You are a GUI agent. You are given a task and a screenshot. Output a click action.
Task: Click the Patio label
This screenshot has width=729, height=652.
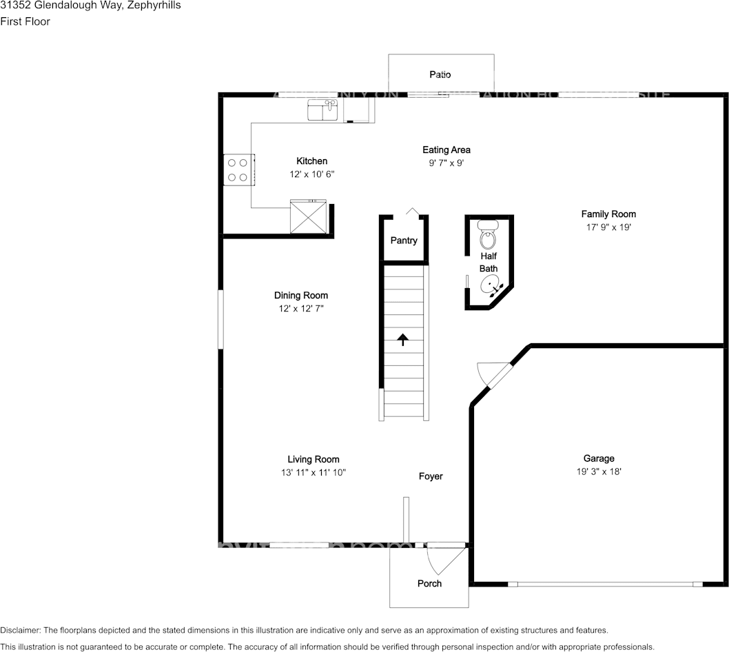(440, 74)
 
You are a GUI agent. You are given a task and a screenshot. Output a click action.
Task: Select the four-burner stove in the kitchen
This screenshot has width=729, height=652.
(238, 170)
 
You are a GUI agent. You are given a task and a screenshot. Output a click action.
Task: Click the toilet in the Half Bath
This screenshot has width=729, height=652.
(488, 236)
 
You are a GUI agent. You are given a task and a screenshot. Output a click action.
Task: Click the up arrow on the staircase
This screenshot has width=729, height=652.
(403, 338)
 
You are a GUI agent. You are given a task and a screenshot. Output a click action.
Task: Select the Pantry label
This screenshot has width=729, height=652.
(404, 241)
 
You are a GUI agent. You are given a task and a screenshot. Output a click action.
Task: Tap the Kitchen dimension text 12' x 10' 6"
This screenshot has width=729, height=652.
(312, 175)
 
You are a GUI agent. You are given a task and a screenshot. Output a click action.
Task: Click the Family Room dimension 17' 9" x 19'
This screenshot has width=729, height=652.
(608, 227)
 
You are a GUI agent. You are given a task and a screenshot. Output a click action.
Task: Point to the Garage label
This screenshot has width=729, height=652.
(599, 458)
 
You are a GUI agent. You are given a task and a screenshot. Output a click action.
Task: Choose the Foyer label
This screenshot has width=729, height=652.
(431, 476)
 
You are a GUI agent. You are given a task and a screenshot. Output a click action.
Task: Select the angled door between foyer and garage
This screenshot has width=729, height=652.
(495, 376)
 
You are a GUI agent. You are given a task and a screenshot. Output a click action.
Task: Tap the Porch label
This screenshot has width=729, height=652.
(429, 583)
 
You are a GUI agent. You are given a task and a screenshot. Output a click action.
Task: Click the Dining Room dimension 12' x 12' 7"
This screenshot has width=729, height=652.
(301, 309)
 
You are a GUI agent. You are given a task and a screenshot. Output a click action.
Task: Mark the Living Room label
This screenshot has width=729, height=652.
(314, 459)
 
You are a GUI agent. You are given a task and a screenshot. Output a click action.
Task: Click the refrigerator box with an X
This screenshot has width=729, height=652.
(309, 217)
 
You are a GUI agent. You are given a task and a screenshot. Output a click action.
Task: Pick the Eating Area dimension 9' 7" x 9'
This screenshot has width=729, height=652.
(446, 163)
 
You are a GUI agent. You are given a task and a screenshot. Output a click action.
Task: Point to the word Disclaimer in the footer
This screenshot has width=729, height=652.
(20, 631)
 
